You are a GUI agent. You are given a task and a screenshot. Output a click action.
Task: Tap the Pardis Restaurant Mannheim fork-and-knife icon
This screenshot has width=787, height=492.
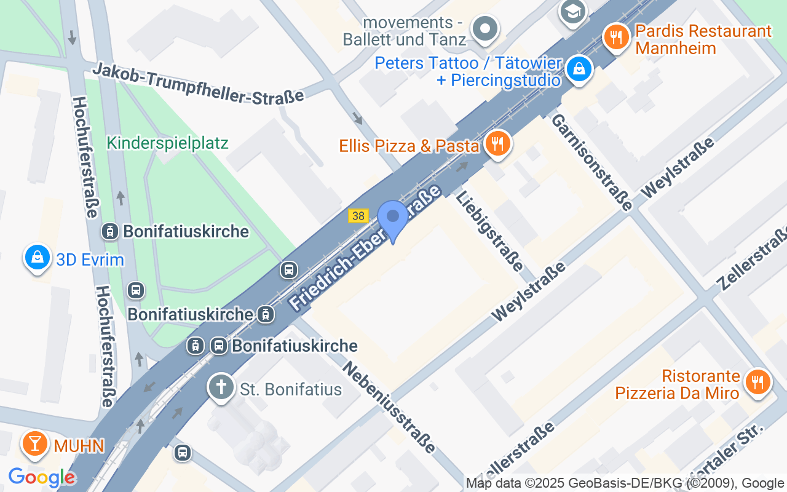[x=615, y=38]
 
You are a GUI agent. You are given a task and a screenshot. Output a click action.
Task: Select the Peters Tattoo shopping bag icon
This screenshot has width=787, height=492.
[x=579, y=68]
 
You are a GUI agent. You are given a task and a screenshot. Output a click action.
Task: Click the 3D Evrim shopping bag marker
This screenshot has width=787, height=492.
[x=38, y=258]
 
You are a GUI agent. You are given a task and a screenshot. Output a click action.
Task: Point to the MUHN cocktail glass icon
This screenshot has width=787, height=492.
[x=35, y=443]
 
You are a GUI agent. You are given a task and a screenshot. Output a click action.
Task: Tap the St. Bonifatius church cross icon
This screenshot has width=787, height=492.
[x=221, y=387]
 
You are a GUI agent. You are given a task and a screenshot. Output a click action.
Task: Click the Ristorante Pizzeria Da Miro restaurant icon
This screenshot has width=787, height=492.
[x=757, y=382]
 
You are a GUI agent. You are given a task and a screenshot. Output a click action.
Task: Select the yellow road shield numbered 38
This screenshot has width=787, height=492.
[x=358, y=216]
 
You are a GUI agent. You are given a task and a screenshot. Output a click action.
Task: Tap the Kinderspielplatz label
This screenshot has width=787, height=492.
[x=167, y=143]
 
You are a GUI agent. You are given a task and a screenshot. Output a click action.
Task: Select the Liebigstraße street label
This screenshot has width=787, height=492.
[x=490, y=230]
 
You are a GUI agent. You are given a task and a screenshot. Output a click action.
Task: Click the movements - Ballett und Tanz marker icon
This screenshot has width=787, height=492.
[x=485, y=28]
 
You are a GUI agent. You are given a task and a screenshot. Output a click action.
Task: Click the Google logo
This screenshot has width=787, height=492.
[x=42, y=477]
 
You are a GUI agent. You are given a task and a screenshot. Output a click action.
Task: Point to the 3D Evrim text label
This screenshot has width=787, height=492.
[x=90, y=260]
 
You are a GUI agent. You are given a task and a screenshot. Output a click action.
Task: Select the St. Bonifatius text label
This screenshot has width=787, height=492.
[x=290, y=389]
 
